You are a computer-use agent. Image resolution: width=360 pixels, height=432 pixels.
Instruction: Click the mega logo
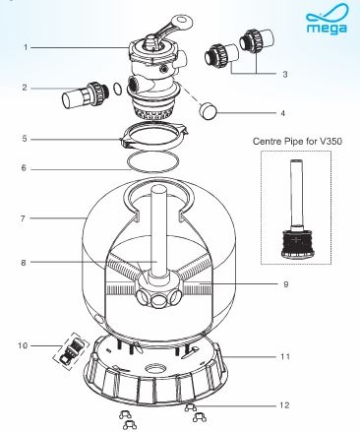pyautogui.click(x=327, y=19)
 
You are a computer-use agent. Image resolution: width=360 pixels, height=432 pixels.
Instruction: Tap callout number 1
pyautogui.click(x=26, y=47)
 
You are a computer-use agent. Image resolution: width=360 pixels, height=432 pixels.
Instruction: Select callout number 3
pyautogui.click(x=285, y=74)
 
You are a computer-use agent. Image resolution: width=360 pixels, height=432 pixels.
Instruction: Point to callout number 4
pyautogui.click(x=282, y=113)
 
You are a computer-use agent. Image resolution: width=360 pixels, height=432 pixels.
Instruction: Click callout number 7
pyautogui.click(x=24, y=218)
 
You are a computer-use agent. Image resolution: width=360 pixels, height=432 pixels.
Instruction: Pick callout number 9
pyautogui.click(x=286, y=284)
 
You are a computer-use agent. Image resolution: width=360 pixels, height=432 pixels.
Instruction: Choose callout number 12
pyautogui.click(x=284, y=405)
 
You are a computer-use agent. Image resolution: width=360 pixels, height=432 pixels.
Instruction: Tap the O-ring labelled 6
pyautogui.click(x=153, y=161)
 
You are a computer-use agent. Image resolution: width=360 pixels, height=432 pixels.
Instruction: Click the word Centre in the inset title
pyautogui.click(x=266, y=142)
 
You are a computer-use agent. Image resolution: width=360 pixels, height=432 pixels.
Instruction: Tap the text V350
pyautogui.click(x=330, y=142)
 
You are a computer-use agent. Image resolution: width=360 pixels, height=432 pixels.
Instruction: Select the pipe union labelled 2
pyautogui.click(x=86, y=95)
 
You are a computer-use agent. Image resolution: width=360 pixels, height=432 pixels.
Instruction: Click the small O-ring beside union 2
pyautogui.click(x=117, y=89)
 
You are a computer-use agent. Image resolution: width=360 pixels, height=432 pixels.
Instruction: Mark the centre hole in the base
pyautogui.click(x=154, y=367)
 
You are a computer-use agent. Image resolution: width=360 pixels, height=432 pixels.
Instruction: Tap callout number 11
pyautogui.click(x=285, y=356)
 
